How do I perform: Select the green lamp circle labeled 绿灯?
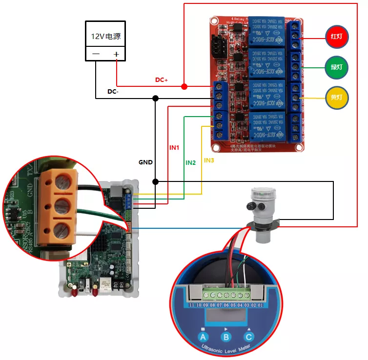(337, 67)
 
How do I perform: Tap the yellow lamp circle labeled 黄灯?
(337, 98)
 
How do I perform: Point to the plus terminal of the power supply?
(116, 54)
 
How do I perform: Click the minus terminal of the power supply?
(96, 54)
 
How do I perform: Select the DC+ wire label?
(162, 80)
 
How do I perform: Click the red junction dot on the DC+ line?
(184, 87)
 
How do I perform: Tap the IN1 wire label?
(174, 147)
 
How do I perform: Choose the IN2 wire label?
(190, 162)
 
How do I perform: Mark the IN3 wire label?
(209, 160)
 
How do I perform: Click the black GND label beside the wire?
(145, 162)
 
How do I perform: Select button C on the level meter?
(249, 336)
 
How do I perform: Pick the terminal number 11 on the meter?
(193, 305)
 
